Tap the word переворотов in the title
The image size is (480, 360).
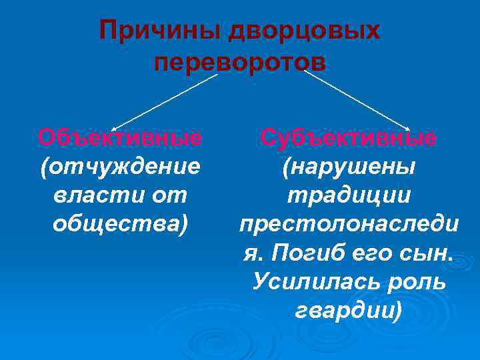pyautogui.click(x=240, y=63)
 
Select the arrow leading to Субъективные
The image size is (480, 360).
pyautogui.click(x=357, y=99)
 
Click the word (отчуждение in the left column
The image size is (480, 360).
pyautogui.click(x=120, y=167)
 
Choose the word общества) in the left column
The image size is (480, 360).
pyautogui.click(x=120, y=225)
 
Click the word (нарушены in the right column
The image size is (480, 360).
pyautogui.click(x=349, y=167)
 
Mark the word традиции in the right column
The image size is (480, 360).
pyautogui.click(x=349, y=196)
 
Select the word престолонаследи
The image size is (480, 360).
pyautogui.click(x=349, y=225)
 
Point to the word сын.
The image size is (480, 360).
pyautogui.click(x=430, y=254)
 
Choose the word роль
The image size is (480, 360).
pyautogui.click(x=417, y=283)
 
